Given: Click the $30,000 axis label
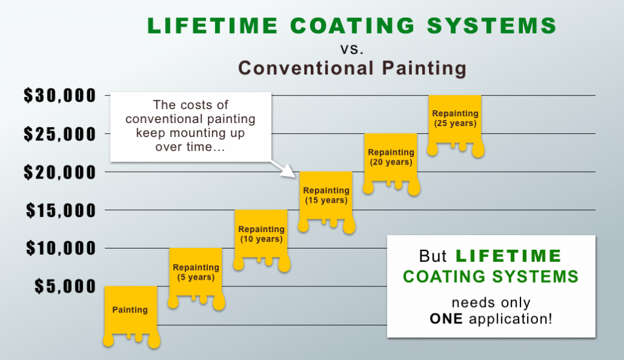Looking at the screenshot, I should (x=60, y=96).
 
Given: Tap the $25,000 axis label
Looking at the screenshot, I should (x=60, y=134).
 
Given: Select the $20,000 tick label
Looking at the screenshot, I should (x=60, y=172).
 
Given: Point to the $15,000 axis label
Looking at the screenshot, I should (x=60, y=211).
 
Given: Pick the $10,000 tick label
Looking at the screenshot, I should (x=60, y=249).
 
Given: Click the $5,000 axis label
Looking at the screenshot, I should (x=65, y=286).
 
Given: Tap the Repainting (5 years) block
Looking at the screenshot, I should (x=195, y=272).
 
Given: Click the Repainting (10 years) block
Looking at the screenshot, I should (x=261, y=233).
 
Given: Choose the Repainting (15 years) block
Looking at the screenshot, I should (x=325, y=195).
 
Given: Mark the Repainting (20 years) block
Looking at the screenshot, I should (x=391, y=157).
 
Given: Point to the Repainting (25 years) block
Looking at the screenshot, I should (x=455, y=118).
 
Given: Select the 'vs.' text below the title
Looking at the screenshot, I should (x=352, y=48).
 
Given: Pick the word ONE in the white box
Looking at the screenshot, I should (x=448, y=318).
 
